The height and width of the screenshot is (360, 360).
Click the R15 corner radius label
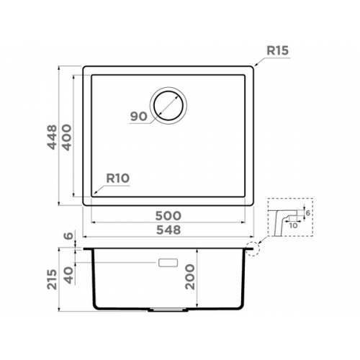pyautogui.click(x=278, y=50)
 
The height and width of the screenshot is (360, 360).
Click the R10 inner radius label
pyautogui.click(x=118, y=179)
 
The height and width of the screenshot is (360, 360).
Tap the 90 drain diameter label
pyautogui.click(x=139, y=117)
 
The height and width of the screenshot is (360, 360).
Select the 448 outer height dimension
pyautogui.click(x=53, y=137)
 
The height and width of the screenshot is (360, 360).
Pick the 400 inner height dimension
pyautogui.click(x=67, y=138)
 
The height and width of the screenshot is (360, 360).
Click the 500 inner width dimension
pyautogui.click(x=168, y=216)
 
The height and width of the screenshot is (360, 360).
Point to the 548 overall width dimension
pyautogui.click(x=168, y=230)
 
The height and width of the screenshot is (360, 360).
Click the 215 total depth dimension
pyautogui.click(x=53, y=279)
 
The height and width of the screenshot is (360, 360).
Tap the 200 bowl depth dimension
pyautogui.click(x=190, y=276)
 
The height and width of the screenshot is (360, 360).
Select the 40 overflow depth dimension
pyautogui.click(x=68, y=275)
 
